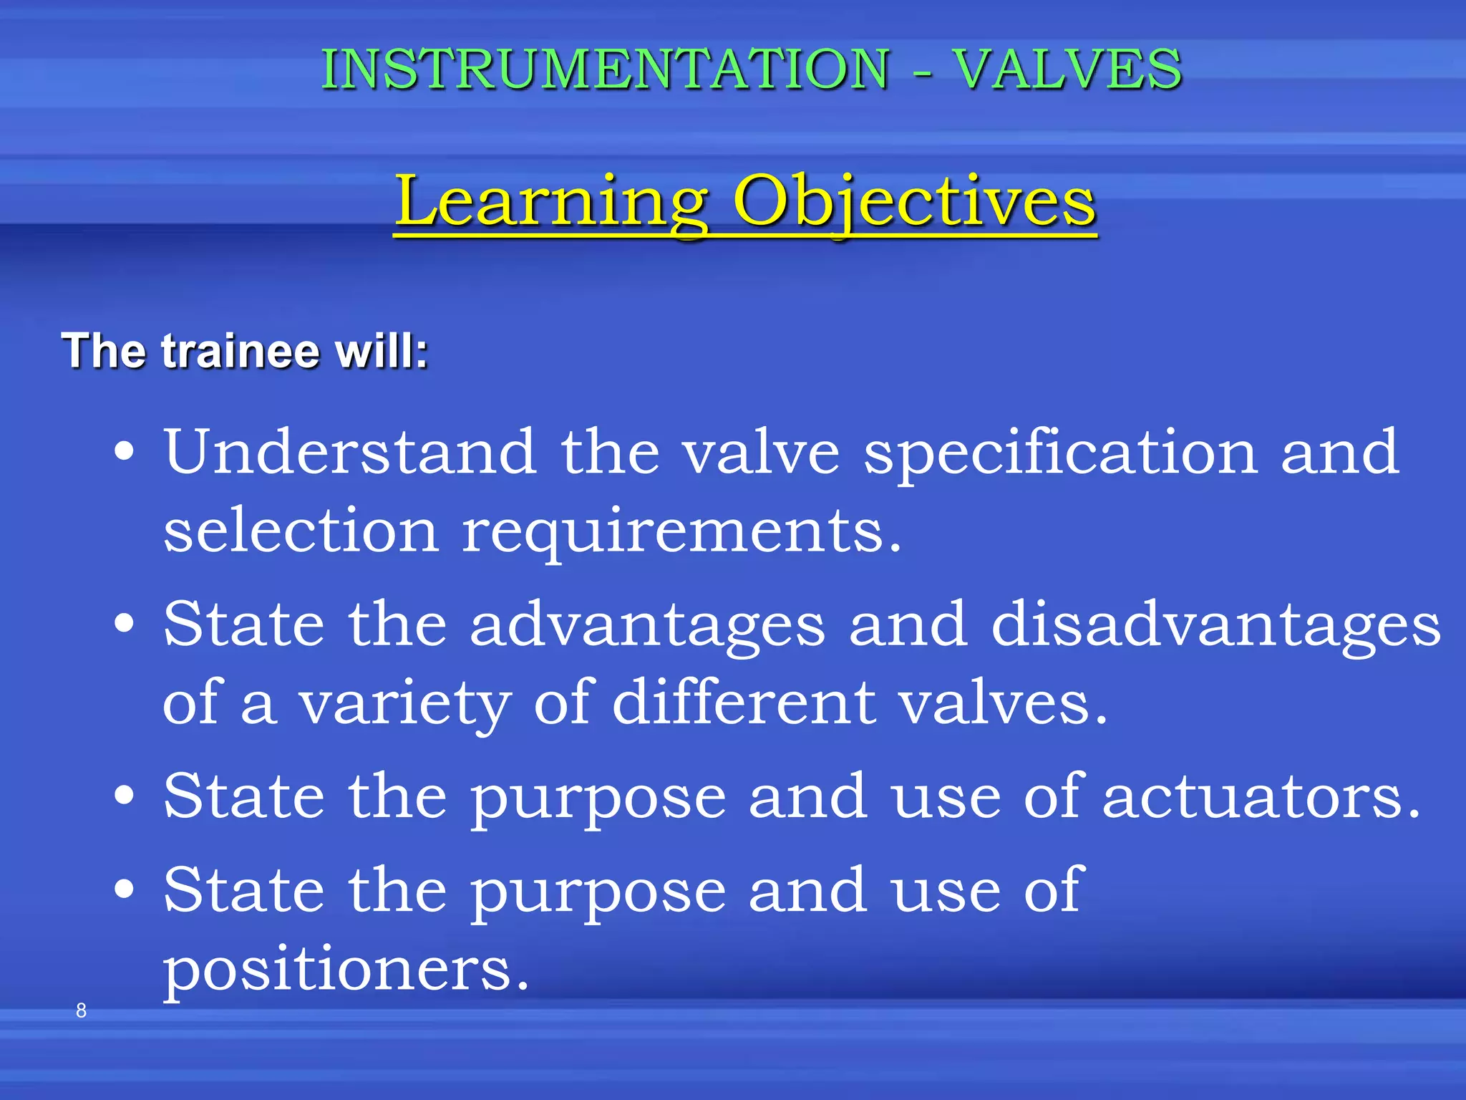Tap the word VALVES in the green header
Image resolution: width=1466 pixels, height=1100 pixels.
click(x=1067, y=69)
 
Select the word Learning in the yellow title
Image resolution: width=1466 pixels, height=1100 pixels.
click(x=552, y=202)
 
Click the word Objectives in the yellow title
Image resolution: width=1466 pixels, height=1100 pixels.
click(x=914, y=202)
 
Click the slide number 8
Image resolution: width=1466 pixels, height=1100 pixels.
click(x=81, y=1010)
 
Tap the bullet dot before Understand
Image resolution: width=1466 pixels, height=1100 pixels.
click(x=125, y=452)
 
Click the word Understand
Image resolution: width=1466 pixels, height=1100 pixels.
click(x=350, y=452)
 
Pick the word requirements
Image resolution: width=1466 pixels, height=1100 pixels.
click(x=680, y=534)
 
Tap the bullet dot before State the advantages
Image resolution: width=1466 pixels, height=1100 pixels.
click(x=125, y=623)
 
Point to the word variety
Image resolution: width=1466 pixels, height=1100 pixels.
click(x=404, y=705)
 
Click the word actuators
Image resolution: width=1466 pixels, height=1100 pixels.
click(x=1261, y=797)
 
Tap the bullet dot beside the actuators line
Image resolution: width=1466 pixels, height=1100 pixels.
click(x=125, y=795)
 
